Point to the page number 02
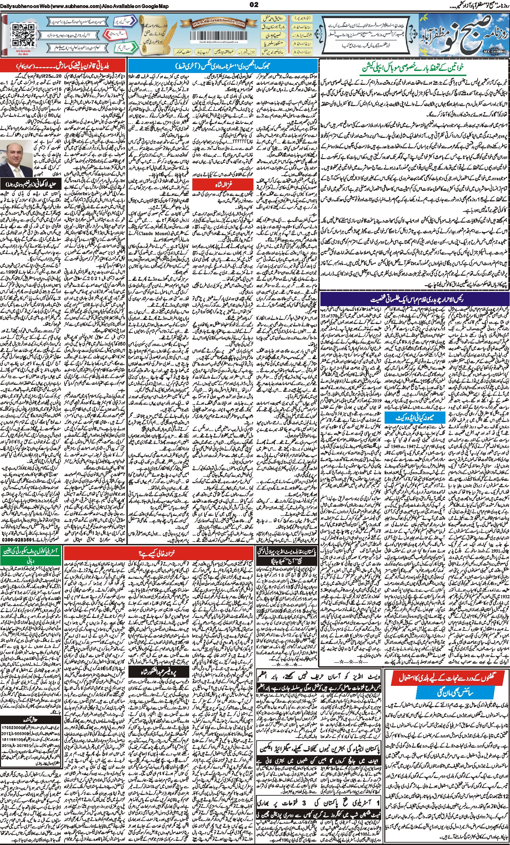pos(254,4)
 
